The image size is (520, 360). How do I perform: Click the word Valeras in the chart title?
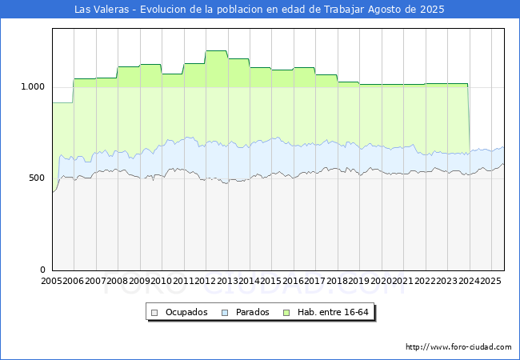[x=110, y=10]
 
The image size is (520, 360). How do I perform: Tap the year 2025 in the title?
[x=432, y=10]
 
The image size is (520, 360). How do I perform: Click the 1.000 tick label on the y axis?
[x=33, y=87]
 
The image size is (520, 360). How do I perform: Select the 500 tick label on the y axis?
[x=37, y=178]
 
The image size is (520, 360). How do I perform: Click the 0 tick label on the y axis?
[x=42, y=270]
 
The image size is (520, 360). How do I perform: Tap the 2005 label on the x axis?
[x=51, y=281]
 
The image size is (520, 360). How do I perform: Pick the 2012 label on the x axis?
[x=205, y=281]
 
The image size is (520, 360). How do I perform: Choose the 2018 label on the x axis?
[x=337, y=281]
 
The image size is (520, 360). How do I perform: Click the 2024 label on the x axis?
[x=469, y=281]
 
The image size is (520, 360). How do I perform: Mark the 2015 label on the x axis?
[x=271, y=281]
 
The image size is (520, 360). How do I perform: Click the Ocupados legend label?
[x=186, y=312]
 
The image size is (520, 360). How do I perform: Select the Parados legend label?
[x=252, y=312]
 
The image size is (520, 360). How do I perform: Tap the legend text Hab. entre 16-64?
[x=333, y=312]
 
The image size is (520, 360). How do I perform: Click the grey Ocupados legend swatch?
[x=154, y=313]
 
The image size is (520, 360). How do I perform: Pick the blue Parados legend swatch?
[x=225, y=313]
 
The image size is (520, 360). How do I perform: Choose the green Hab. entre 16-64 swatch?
[x=286, y=313]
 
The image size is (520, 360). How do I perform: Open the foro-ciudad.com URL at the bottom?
[x=458, y=347]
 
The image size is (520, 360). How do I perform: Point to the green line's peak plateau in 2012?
[x=216, y=50]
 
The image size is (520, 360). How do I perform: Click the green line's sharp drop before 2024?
[x=469, y=118]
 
